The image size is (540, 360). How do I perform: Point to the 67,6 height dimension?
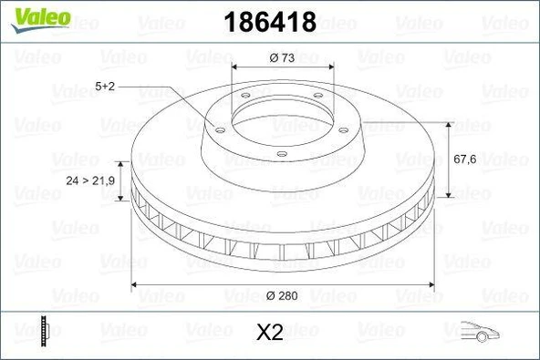pos(466,158)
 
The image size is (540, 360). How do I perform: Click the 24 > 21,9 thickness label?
pos(90,181)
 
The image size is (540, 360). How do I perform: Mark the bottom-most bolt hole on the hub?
pos(282,152)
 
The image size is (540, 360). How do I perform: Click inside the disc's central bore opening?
pos(281,123)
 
